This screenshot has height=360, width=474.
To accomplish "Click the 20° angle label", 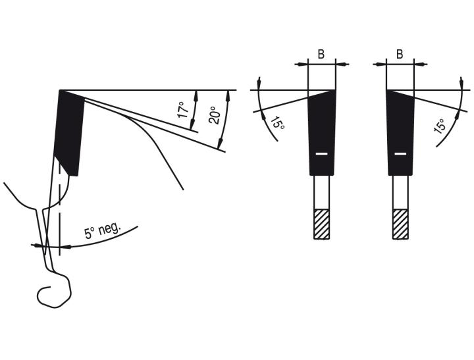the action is [215, 115].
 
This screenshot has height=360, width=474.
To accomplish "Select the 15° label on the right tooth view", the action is [440, 126].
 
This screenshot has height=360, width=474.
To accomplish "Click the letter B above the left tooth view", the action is [321, 55].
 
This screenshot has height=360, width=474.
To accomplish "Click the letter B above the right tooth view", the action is [400, 55].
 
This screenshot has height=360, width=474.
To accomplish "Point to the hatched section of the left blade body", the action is [322, 224].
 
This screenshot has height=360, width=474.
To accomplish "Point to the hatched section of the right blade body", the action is [400, 224].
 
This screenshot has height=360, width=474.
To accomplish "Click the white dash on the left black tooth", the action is [322, 154].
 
